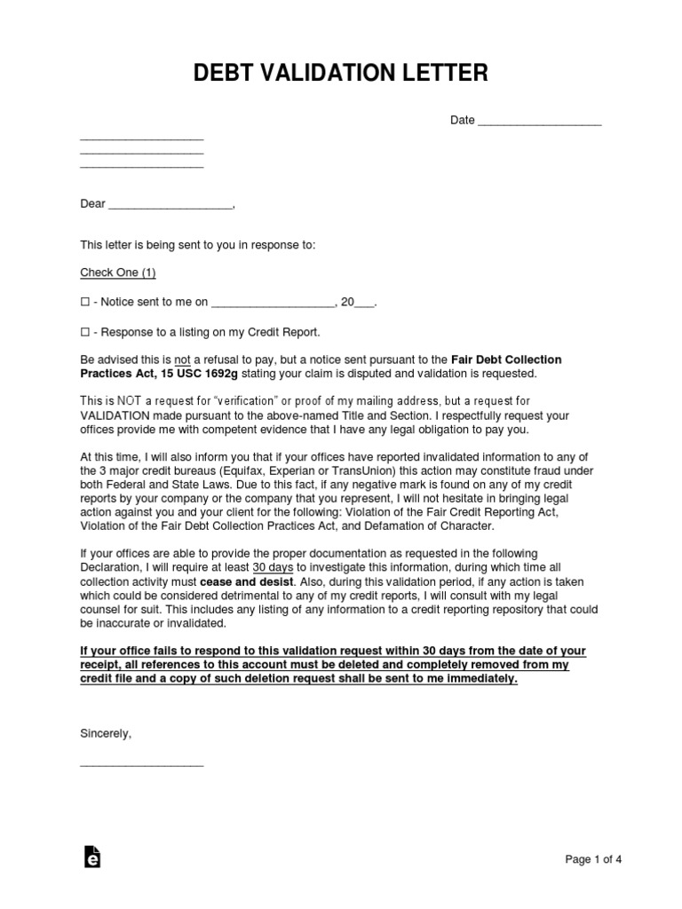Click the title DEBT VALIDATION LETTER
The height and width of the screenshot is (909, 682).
coord(341,73)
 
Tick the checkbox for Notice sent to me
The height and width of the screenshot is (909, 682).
coord(85,303)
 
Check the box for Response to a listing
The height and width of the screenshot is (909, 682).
coord(85,332)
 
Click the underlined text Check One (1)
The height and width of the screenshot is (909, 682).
coord(118,273)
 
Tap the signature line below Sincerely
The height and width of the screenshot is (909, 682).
coord(141,763)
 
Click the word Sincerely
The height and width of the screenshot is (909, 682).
coord(105,734)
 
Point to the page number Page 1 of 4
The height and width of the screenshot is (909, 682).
coord(594,858)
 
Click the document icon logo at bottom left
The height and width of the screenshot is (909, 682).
coord(91,856)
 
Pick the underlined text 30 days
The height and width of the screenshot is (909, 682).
coord(272,567)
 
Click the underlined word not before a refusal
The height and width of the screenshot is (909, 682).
coord(182,360)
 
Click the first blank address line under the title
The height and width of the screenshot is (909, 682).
coord(141,138)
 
